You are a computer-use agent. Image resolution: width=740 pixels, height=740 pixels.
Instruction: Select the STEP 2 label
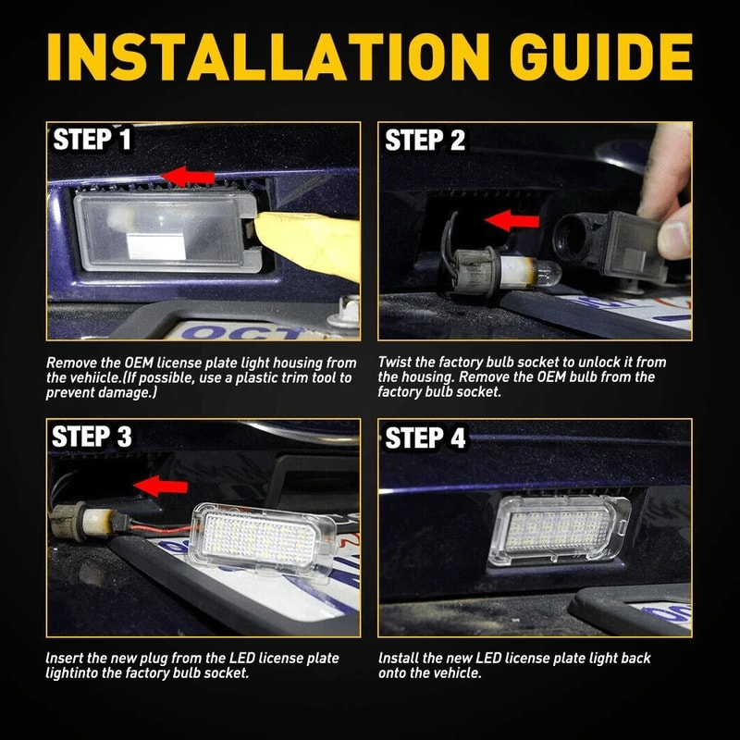tap(425, 141)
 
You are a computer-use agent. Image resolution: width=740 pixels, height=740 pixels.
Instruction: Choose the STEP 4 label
tap(425, 438)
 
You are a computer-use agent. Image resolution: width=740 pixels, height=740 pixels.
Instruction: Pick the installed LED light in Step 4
tap(560, 527)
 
